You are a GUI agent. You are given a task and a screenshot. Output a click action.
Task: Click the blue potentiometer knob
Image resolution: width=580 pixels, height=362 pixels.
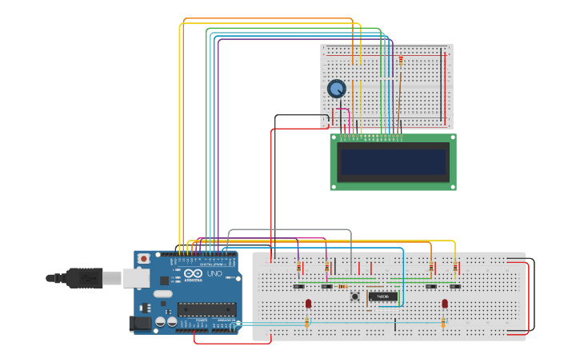point(337,89)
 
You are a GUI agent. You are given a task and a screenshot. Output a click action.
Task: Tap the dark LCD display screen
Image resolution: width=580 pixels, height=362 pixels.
point(393,162)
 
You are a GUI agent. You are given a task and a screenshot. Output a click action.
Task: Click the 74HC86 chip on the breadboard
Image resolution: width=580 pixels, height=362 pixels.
point(382,296)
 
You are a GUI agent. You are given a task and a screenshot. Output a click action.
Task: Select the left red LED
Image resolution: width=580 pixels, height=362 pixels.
point(308,303)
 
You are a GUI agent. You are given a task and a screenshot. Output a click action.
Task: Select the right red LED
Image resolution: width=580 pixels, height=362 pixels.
point(445,303)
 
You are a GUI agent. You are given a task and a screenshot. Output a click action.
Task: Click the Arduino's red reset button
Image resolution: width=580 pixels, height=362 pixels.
point(143,259)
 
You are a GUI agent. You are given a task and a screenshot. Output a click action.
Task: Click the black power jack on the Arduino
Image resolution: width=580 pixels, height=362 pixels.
point(138,324)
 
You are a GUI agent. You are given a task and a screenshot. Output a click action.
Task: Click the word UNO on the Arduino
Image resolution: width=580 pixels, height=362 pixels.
point(214,274)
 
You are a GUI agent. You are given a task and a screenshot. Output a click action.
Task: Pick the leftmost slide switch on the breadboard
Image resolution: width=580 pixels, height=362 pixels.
point(299,286)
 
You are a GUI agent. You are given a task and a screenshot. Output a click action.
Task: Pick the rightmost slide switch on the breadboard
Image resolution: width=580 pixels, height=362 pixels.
point(455,286)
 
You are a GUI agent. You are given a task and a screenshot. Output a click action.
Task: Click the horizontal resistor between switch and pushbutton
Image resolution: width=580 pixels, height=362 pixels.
point(342,286)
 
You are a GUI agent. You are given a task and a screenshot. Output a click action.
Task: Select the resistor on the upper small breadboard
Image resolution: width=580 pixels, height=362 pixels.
point(401,60)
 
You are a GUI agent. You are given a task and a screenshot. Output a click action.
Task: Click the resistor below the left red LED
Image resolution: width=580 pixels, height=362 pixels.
point(307,322)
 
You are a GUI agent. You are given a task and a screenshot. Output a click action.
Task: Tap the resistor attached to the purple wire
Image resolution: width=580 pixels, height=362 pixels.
point(299,267)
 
